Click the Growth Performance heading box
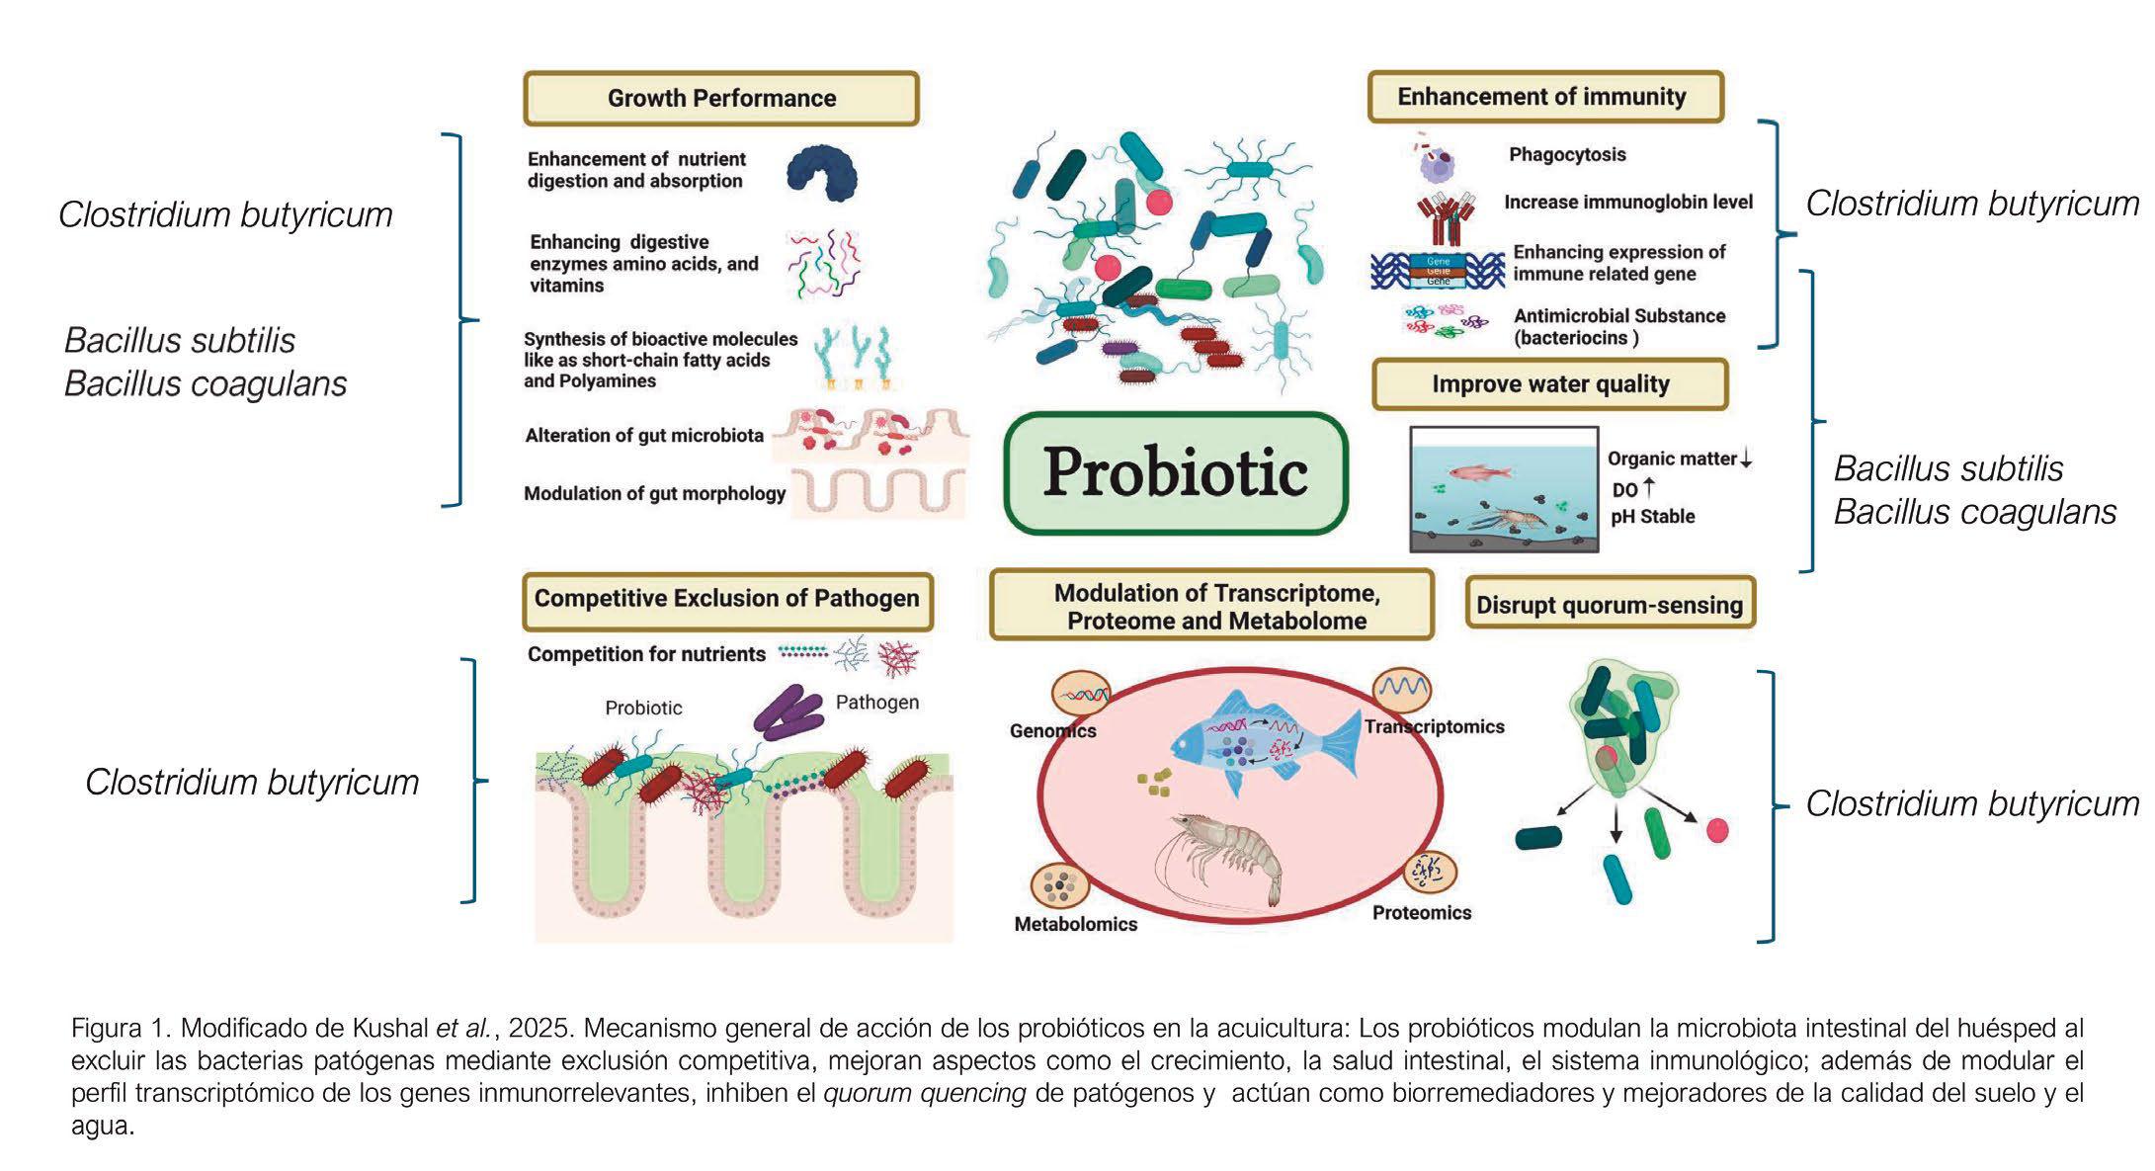(x=721, y=98)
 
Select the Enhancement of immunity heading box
(x=1544, y=97)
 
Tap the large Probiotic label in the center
(x=1176, y=472)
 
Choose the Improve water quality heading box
(x=1550, y=384)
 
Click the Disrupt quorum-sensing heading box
(x=1610, y=604)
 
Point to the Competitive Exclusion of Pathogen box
(x=727, y=599)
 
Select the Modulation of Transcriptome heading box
(x=1212, y=606)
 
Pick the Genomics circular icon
(x=1080, y=695)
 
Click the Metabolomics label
(x=1076, y=924)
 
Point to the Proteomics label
(x=1422, y=913)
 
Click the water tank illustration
(x=1503, y=488)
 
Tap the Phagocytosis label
(x=1567, y=154)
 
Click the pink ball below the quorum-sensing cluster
(x=1718, y=830)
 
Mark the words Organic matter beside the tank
(x=1672, y=459)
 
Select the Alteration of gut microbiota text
(x=644, y=436)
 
